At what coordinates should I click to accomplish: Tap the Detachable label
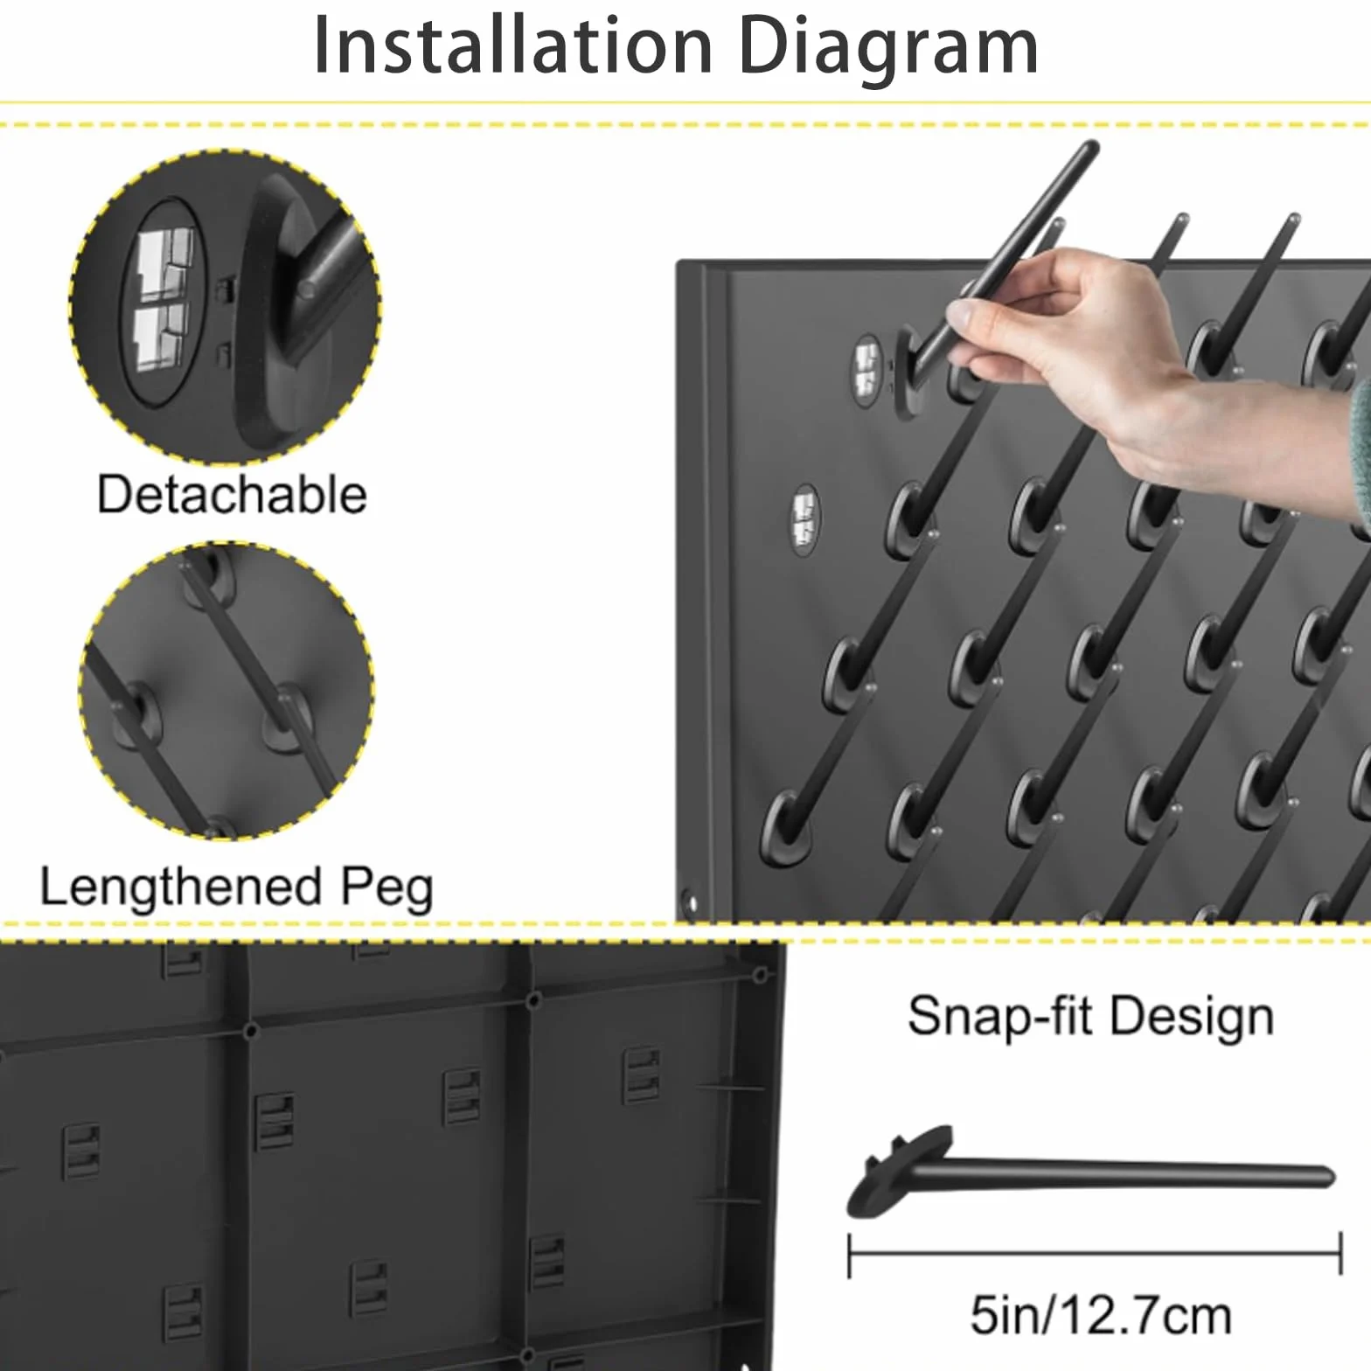coord(232,495)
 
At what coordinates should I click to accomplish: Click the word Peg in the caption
coord(386,890)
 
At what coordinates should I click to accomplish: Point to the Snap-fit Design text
coord(1090,1018)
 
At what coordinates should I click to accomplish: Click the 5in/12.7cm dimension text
coord(1101,1316)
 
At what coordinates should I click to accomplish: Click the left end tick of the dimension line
coord(850,1256)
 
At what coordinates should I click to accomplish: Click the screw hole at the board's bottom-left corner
coord(689,900)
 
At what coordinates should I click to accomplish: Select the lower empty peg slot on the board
coord(805,519)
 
